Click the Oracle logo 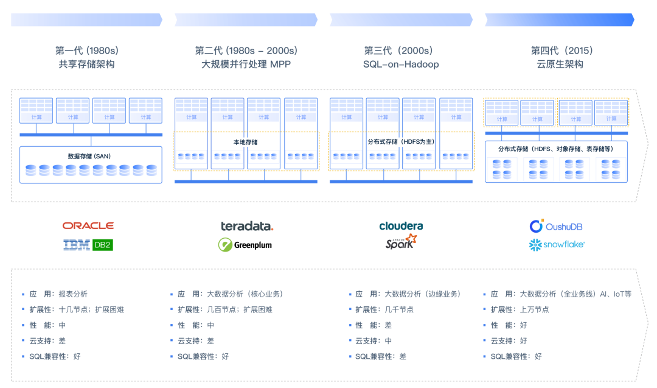coord(88,225)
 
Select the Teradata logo coord(246,226)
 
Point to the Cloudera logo coord(401,225)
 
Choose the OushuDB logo coord(556,227)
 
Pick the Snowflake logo coord(556,244)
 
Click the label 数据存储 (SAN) coord(89,157)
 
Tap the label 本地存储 coord(246,142)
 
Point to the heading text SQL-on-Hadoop coord(401,65)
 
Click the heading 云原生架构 coord(560,65)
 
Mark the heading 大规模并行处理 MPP coord(246,65)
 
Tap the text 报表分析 coord(73,294)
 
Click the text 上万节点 coord(535,309)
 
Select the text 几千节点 coord(399,309)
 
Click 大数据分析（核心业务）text coord(245,294)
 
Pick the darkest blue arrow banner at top coord(558,20)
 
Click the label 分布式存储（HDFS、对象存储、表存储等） coord(555,149)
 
